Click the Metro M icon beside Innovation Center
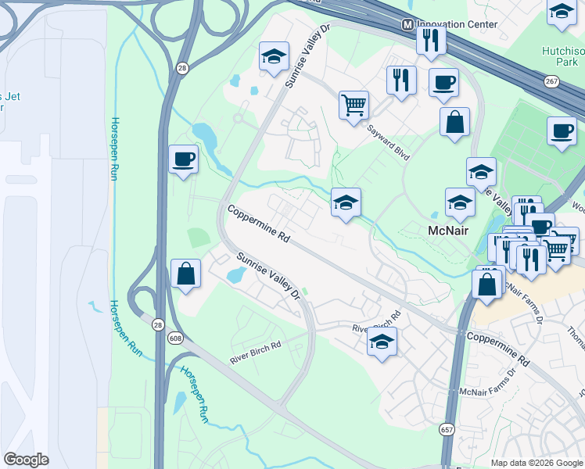pyautogui.click(x=407, y=24)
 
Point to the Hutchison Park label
pyautogui.click(x=563, y=55)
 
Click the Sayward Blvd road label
pyautogui.click(x=389, y=140)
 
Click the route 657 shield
pyautogui.click(x=446, y=431)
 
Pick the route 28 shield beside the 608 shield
pyautogui.click(x=159, y=324)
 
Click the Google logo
pyautogui.click(x=26, y=460)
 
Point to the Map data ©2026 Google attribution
pyautogui.click(x=537, y=463)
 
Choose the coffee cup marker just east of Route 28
pyautogui.click(x=184, y=159)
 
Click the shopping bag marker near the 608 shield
pyautogui.click(x=186, y=274)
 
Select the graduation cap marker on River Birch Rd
pyautogui.click(x=382, y=342)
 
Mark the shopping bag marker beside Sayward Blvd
pyautogui.click(x=454, y=123)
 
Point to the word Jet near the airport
pyautogui.click(x=12, y=96)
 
